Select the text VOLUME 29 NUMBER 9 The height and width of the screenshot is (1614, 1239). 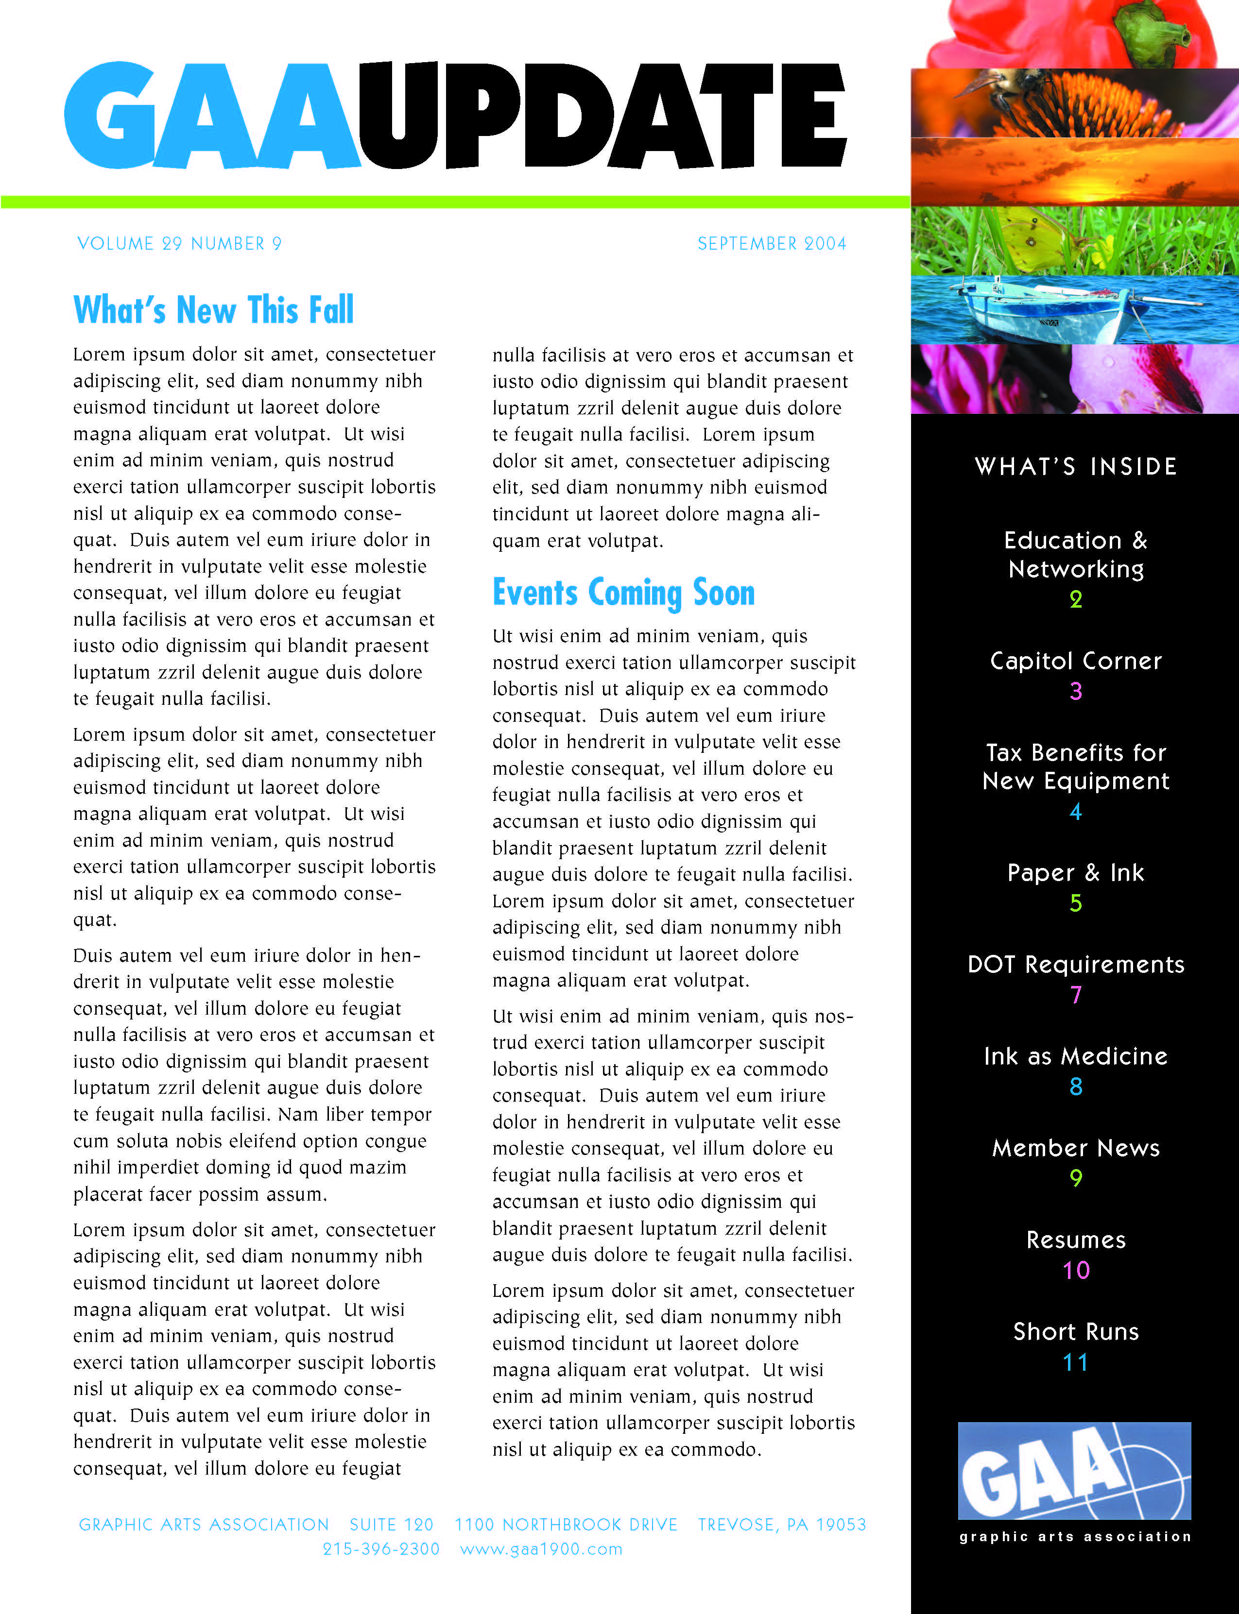pyautogui.click(x=179, y=243)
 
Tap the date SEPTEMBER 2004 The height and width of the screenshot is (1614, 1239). pyautogui.click(x=772, y=243)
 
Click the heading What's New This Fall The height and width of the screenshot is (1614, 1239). pyautogui.click(x=213, y=310)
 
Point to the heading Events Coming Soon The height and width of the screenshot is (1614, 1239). pyautogui.click(x=623, y=593)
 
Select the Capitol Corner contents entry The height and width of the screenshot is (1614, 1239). pyautogui.click(x=1075, y=661)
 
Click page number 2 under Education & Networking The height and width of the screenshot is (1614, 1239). pyautogui.click(x=1075, y=599)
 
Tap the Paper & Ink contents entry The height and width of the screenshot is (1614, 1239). pyautogui.click(x=1075, y=873)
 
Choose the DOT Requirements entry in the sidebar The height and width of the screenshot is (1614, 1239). pyautogui.click(x=1075, y=965)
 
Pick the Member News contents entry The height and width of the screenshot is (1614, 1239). pyautogui.click(x=1075, y=1148)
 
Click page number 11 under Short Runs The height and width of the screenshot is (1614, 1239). pyautogui.click(x=1075, y=1362)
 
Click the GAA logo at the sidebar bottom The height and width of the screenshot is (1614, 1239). pyautogui.click(x=1074, y=1471)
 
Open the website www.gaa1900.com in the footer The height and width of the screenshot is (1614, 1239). pyautogui.click(x=541, y=1549)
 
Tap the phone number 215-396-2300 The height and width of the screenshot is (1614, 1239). pyautogui.click(x=380, y=1549)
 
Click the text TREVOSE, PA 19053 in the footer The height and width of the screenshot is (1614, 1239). pyautogui.click(x=782, y=1525)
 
